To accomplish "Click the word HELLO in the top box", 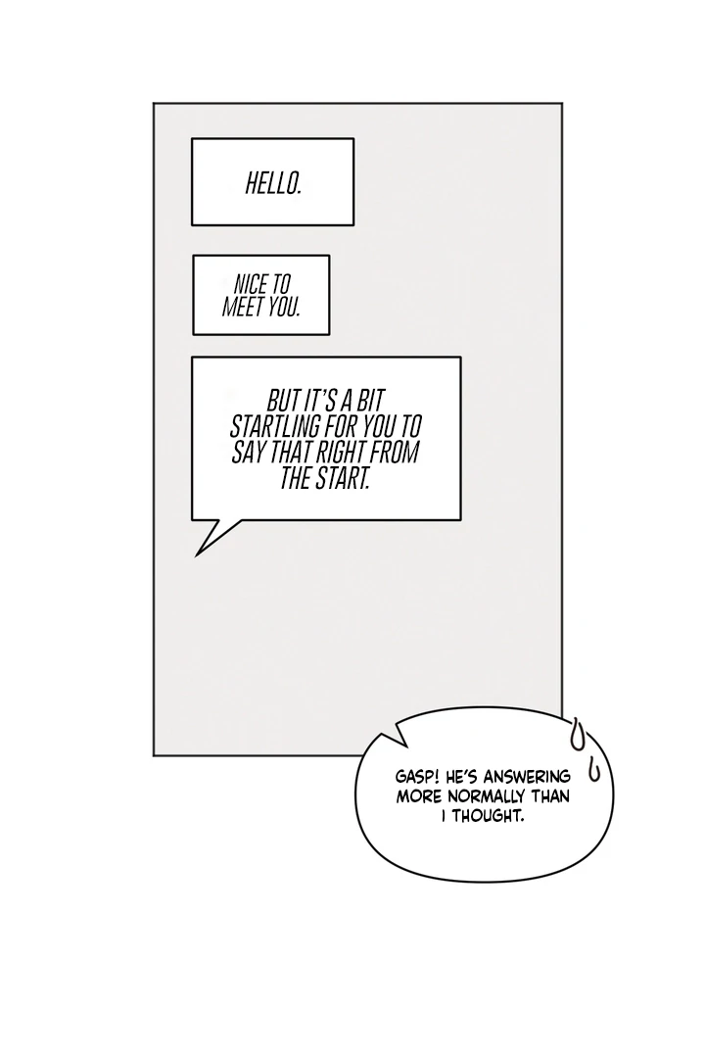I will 272,183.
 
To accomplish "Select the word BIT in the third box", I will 367,402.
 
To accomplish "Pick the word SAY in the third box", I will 250,454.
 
